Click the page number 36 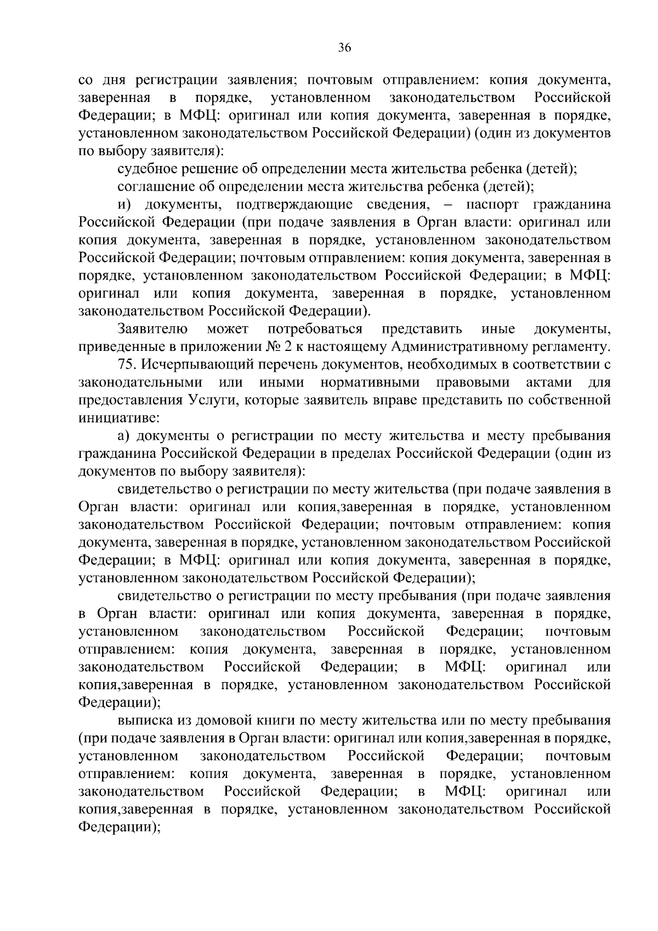pyautogui.click(x=344, y=48)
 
